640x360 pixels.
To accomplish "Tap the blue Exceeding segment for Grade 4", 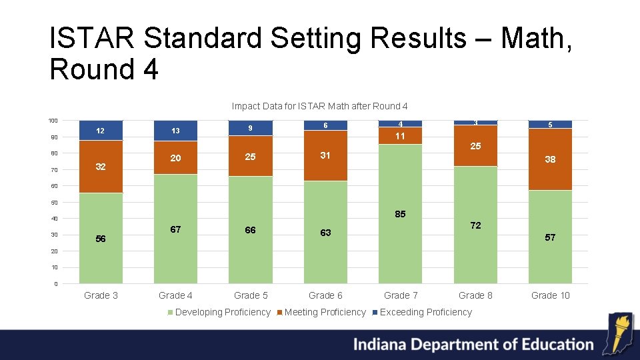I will coord(175,131).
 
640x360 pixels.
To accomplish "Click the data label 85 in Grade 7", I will coord(400,215).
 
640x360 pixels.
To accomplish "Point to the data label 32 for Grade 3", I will coord(101,167).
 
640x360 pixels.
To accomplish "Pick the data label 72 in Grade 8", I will coord(475,226).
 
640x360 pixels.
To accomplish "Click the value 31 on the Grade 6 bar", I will coord(325,155).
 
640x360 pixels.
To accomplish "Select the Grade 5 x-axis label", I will coord(251,295).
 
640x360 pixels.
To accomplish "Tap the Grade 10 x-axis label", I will coord(550,295).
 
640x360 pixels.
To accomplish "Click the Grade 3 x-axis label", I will coord(101,295).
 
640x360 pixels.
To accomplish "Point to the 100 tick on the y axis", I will coord(53,121).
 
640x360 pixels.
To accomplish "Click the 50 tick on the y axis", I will coord(54,203).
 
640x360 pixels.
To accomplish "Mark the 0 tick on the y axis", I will coord(55,284).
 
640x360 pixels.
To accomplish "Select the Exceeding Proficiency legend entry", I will coord(425,312).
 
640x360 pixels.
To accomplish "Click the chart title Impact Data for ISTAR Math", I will coord(319,106).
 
